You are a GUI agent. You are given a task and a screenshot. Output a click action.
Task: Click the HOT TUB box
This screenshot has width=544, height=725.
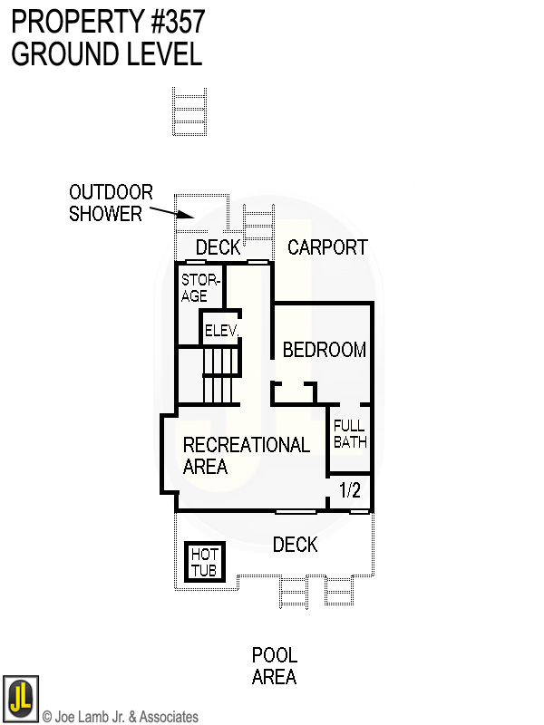point(203,562)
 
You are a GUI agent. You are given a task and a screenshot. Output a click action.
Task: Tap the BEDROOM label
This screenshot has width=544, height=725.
point(325,350)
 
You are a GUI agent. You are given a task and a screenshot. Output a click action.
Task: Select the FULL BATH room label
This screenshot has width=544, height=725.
point(350,434)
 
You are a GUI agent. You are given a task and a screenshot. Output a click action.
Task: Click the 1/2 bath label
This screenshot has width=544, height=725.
point(350,491)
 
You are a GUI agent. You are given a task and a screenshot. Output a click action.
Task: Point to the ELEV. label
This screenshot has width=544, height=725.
point(220,331)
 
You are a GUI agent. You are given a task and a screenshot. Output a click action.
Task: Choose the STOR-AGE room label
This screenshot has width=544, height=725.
point(195,288)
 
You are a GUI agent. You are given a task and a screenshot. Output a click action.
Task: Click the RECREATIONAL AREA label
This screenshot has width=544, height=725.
point(246,456)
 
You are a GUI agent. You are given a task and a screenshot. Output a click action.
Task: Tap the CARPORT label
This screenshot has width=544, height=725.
point(327,246)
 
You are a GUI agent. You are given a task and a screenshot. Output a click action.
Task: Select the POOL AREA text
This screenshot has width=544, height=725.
point(275,666)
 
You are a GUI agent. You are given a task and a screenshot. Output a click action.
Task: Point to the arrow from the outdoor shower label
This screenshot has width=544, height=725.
point(172,214)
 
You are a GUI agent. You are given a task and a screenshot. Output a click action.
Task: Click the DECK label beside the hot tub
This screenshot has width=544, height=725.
point(296,545)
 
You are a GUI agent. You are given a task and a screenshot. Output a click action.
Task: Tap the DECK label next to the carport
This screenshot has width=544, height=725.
point(219,247)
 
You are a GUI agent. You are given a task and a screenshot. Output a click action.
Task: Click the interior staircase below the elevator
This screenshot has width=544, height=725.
point(219,376)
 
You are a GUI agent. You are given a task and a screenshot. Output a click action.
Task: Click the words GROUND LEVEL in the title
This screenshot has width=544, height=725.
point(107,54)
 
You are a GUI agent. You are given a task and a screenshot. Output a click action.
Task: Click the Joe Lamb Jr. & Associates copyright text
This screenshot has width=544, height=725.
point(121,717)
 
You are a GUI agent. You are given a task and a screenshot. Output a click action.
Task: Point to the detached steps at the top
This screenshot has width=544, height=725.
point(190,111)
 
